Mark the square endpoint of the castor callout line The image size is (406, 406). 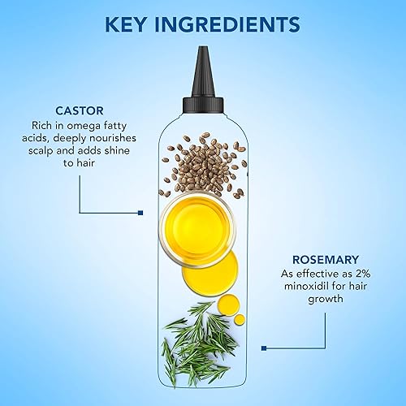pyautogui.click(x=141, y=213)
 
